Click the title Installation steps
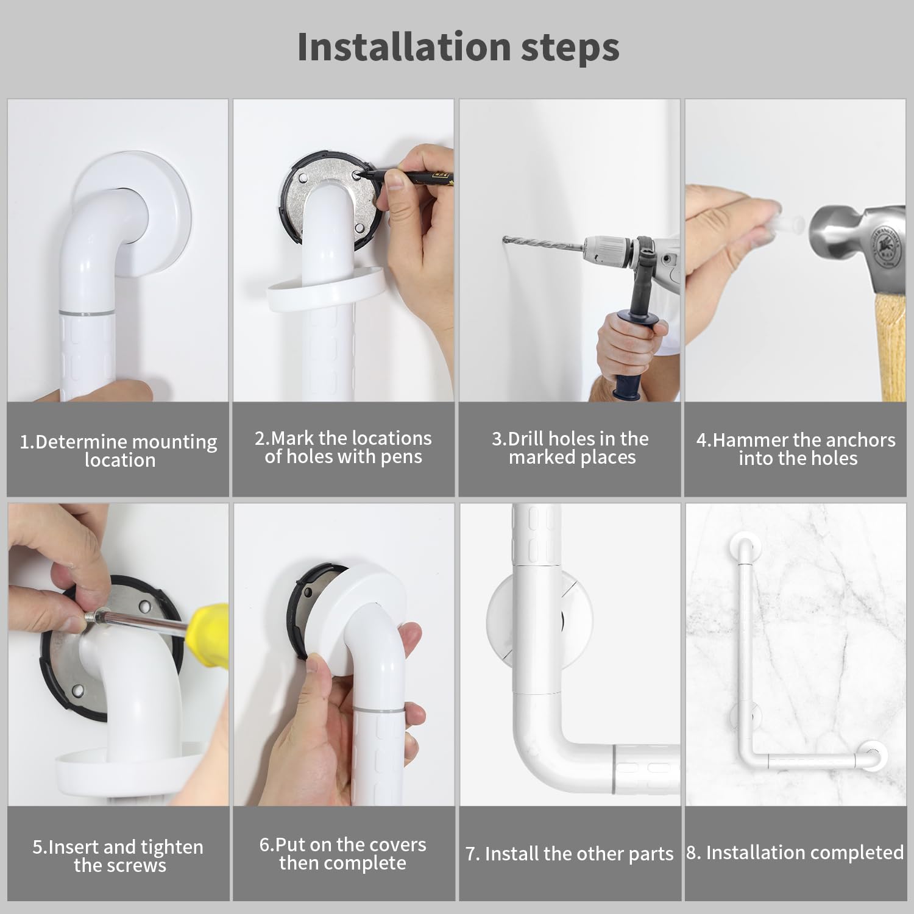click(458, 47)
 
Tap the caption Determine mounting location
click(118, 450)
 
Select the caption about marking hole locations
click(343, 447)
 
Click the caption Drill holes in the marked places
click(570, 448)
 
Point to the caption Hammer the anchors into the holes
click(796, 449)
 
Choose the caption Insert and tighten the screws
click(118, 856)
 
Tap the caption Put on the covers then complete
click(343, 854)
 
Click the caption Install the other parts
click(570, 854)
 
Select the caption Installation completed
click(795, 852)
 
